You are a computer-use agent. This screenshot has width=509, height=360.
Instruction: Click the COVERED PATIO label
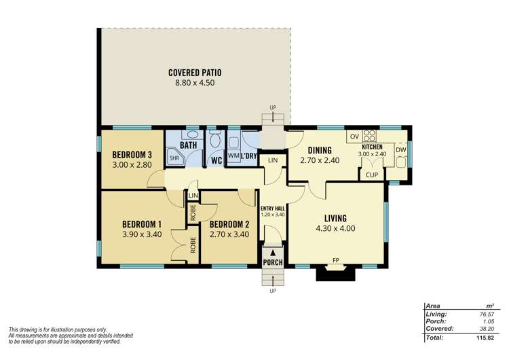pos(195,73)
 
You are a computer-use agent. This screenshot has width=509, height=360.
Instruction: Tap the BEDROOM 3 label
pos(132,154)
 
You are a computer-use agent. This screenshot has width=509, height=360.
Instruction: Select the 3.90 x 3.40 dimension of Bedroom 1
pos(141,234)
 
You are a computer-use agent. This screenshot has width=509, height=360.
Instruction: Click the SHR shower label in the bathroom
pos(174,158)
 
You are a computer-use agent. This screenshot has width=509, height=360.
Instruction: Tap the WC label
pos(216,161)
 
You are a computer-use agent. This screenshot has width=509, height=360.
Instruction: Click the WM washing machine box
pos(233,156)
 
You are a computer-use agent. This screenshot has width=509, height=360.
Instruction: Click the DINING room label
pos(319,151)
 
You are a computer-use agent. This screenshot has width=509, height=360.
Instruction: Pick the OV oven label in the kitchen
pos(354,137)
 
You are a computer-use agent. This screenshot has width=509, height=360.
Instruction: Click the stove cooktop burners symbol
pos(370,135)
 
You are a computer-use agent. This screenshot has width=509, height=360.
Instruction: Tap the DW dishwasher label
pos(401,150)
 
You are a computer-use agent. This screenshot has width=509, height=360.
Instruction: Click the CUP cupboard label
pos(371,175)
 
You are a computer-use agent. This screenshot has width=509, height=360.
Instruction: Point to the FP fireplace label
pos(335,259)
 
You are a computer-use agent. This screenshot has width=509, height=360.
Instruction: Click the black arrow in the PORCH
pos(274,252)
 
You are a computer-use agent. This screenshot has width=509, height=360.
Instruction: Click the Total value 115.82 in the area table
pos(483,337)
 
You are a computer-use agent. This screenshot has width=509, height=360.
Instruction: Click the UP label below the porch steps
pos(274,291)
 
